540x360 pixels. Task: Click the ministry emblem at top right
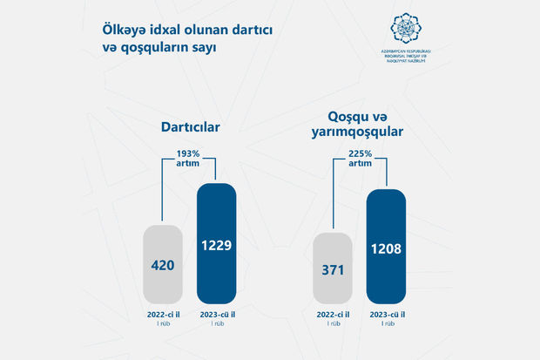click(x=407, y=31)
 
